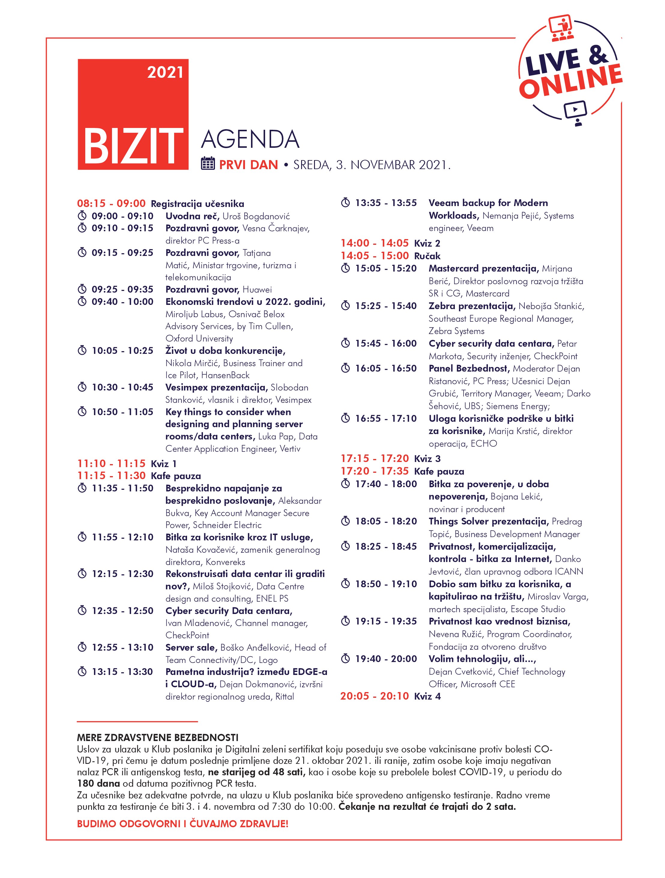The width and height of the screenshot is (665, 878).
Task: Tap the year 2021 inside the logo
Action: tap(165, 73)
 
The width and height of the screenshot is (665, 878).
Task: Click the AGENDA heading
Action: tap(250, 139)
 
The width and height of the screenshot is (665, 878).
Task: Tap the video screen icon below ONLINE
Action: tap(575, 112)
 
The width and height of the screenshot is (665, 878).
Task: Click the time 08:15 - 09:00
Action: tap(111, 204)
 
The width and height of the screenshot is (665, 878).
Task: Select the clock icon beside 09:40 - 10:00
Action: tap(82, 302)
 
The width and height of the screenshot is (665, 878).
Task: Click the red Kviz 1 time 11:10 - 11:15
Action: tap(111, 463)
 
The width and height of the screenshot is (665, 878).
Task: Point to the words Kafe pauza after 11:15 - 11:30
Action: tap(176, 476)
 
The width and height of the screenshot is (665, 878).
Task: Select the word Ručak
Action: tap(427, 256)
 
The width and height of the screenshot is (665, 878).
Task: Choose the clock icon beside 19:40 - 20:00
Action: tap(346, 659)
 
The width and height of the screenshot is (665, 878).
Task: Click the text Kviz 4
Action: tap(427, 696)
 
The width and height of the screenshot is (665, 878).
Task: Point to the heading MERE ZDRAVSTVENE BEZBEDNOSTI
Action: tap(158, 738)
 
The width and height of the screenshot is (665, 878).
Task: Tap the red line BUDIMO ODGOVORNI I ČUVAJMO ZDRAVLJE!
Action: tap(183, 823)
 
